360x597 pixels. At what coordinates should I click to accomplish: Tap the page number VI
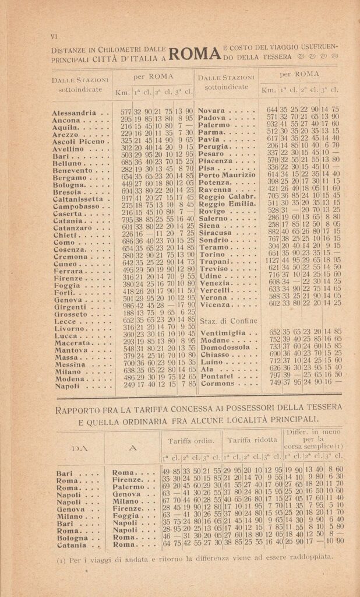55,37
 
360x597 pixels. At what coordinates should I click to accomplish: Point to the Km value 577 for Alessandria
126,111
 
